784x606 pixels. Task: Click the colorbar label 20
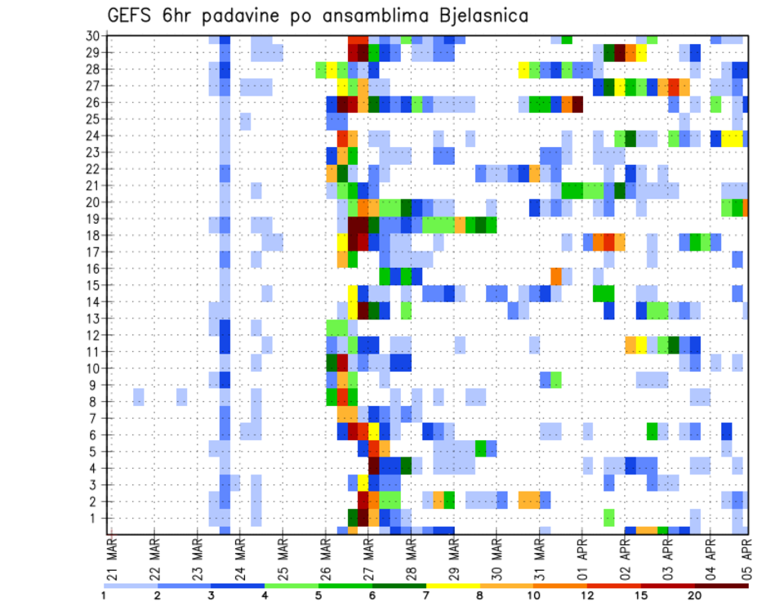point(695,596)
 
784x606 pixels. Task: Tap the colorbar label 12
point(588,596)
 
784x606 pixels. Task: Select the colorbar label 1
point(104,596)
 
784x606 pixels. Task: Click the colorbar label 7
point(425,596)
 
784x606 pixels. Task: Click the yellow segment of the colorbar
point(452,586)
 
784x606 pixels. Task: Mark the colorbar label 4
point(265,596)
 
